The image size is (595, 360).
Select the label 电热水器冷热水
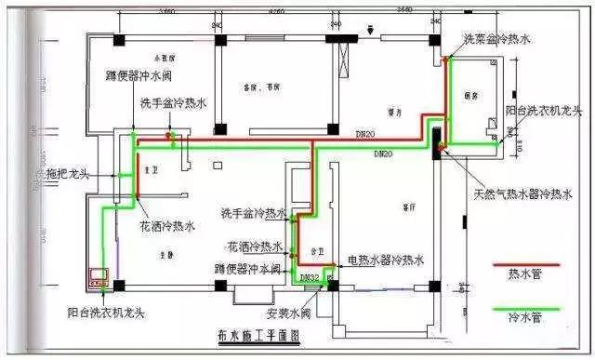click(386, 260)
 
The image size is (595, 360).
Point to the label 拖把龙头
click(67, 173)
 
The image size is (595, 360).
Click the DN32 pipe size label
click(310, 277)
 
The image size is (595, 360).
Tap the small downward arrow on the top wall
click(370, 29)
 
